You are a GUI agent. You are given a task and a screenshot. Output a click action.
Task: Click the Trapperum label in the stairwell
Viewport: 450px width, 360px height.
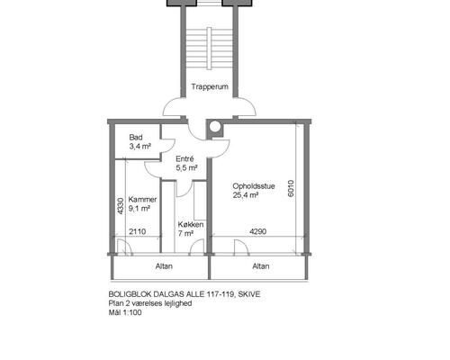[x=210, y=86]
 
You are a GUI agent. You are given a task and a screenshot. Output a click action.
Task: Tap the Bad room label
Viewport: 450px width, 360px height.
[x=136, y=138]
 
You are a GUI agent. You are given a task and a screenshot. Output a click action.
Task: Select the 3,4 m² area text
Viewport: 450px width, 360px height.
[x=139, y=147]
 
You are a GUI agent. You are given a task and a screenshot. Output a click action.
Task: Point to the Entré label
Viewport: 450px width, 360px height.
[x=184, y=158]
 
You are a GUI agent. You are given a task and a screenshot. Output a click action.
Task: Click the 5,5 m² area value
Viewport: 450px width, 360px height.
[x=186, y=167]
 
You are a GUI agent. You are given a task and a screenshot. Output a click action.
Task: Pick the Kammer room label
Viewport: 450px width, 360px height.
[x=142, y=200]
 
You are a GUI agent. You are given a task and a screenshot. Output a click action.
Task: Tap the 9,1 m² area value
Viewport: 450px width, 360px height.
[x=139, y=208]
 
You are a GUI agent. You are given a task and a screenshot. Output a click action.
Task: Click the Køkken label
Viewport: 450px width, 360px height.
[x=191, y=224]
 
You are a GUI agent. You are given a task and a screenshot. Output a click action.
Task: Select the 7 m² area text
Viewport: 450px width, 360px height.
[x=185, y=233]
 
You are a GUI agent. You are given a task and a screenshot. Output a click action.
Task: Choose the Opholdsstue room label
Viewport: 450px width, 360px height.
[x=254, y=186]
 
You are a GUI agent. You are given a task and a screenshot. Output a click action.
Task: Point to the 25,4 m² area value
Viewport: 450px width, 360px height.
[x=246, y=195]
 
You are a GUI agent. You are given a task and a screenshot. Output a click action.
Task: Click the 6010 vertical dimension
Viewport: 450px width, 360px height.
[x=291, y=188]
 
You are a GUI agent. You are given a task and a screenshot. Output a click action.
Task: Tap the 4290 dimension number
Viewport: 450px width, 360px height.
[x=258, y=231]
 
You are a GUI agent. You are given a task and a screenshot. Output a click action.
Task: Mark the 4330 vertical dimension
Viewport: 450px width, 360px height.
[x=121, y=206]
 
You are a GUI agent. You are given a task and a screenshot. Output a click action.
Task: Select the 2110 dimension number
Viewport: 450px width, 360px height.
[x=138, y=231]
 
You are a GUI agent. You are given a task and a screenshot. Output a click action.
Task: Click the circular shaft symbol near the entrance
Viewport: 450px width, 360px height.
[x=215, y=127]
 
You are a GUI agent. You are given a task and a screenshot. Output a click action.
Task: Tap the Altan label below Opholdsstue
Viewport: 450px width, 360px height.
[x=261, y=266]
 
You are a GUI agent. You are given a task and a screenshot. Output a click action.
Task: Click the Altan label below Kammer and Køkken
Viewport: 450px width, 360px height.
[x=164, y=266]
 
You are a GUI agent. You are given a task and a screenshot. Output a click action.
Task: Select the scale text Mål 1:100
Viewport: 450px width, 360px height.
[x=125, y=312]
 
